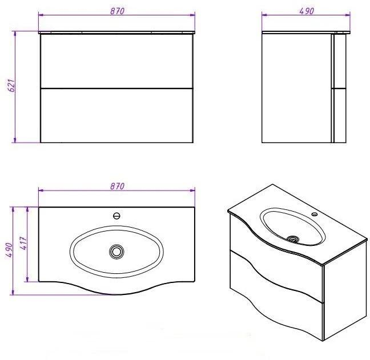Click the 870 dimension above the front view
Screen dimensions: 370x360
point(117,11)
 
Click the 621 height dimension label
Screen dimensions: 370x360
point(12,85)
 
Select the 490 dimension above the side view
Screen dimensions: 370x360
point(307,11)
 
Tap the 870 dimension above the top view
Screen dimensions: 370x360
point(117,186)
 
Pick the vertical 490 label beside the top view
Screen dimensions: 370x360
point(9,250)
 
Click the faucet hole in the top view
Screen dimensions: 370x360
point(116,216)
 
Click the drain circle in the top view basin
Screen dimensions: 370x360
point(116,252)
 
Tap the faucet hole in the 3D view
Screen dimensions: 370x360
point(314,214)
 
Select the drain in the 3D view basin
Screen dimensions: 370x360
point(293,240)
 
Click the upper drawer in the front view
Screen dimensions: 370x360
point(117,61)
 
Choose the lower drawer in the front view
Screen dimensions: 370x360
point(117,115)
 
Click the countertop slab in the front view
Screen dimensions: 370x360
point(117,33)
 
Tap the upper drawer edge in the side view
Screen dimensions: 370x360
point(339,61)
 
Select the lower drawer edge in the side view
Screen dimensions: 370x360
point(339,115)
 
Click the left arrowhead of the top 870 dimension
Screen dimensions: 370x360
point(41,15)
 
